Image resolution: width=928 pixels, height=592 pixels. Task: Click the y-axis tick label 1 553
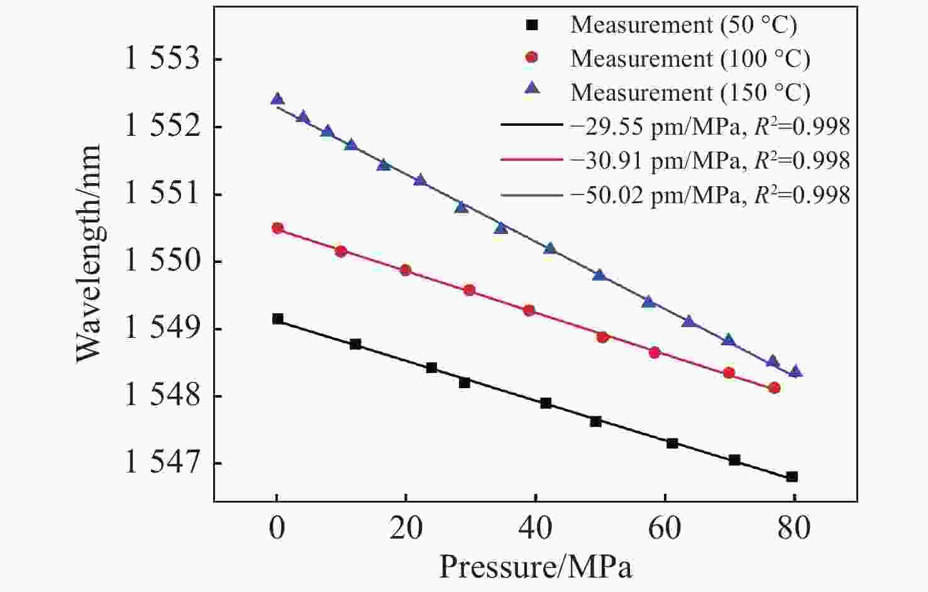click(x=162, y=60)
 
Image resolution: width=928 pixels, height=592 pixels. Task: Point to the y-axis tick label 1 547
click(x=162, y=464)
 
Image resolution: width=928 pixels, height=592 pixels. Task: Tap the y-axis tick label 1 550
click(x=162, y=262)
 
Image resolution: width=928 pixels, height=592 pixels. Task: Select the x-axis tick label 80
click(x=794, y=528)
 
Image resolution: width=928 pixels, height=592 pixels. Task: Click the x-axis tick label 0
click(x=277, y=528)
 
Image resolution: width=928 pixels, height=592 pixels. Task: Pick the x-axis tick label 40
click(x=536, y=528)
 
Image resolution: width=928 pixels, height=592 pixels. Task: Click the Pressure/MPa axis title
click(x=535, y=567)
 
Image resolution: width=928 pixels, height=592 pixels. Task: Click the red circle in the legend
click(x=532, y=58)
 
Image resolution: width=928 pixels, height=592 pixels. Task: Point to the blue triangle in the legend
click(x=532, y=92)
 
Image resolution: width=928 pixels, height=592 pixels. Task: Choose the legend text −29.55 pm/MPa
click(x=655, y=127)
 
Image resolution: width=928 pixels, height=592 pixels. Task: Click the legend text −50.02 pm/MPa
click(x=655, y=195)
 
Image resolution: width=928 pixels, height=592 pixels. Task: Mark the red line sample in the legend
click(x=532, y=160)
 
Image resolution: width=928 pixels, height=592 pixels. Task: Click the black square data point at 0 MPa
click(x=277, y=319)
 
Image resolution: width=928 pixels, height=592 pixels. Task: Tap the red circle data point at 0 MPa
click(x=277, y=228)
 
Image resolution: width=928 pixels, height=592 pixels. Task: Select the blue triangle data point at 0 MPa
click(x=277, y=99)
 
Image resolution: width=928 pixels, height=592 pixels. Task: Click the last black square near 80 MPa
click(x=792, y=477)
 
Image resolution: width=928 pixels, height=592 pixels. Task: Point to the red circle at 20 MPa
click(x=406, y=271)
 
